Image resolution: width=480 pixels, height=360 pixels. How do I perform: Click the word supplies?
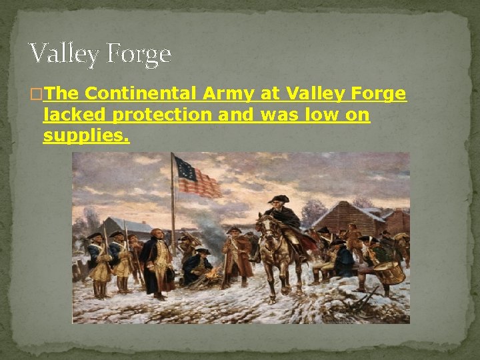coord(86,137)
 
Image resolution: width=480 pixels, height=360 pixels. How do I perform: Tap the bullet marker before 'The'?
coord(36,95)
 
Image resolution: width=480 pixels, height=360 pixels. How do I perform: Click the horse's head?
coord(263,231)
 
